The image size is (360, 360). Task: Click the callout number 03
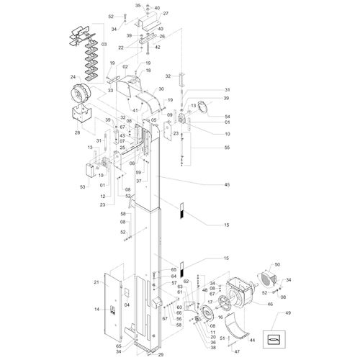click(104, 45)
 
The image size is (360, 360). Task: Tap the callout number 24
click(73, 77)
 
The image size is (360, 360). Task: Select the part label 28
click(78, 132)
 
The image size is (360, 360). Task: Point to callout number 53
click(83, 187)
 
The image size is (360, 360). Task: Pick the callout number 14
click(96, 309)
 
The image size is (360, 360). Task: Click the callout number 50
click(277, 266)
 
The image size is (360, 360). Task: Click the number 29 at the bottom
click(160, 355)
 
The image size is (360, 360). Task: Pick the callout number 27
click(166, 14)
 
